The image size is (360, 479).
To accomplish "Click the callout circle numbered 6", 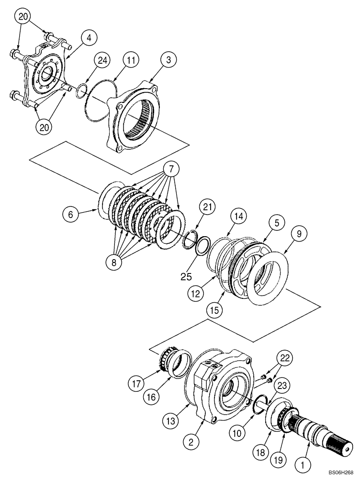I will [71, 215].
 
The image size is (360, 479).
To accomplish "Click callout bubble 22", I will [285, 358].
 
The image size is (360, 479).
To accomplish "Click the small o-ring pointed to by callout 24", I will [81, 90].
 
